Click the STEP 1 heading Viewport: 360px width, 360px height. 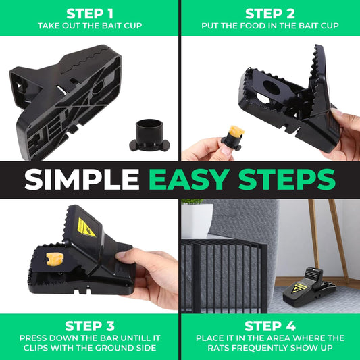[x=89, y=13]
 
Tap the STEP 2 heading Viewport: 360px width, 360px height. [x=270, y=13]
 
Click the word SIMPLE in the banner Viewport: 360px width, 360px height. [x=83, y=180]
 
